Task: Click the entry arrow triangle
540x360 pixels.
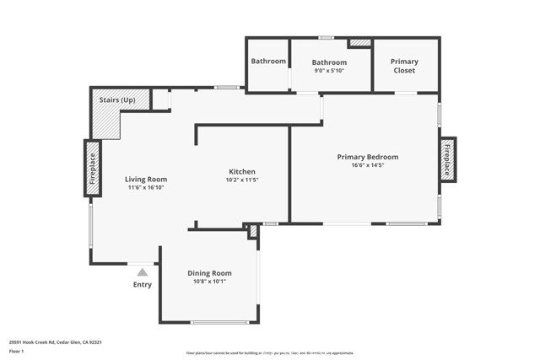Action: [143, 271]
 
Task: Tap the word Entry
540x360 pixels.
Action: [143, 285]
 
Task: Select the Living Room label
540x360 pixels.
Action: [146, 179]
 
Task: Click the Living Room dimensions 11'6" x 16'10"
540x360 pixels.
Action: [146, 188]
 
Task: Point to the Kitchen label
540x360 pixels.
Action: [240, 171]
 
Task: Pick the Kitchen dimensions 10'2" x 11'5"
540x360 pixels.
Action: [240, 180]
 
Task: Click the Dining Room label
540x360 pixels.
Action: [209, 273]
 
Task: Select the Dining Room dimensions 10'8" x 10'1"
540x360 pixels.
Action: [209, 282]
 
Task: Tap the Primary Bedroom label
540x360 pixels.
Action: [368, 157]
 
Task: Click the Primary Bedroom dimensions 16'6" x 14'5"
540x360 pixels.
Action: [368, 166]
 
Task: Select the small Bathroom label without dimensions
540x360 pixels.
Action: [267, 62]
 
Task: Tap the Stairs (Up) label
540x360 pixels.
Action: [117, 100]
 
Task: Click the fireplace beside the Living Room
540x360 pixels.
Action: [92, 168]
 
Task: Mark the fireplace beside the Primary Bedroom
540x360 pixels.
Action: [447, 158]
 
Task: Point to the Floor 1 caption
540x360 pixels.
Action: [17, 351]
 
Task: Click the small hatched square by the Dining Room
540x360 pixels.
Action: [251, 231]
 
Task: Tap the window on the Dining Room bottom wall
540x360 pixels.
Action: [219, 322]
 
